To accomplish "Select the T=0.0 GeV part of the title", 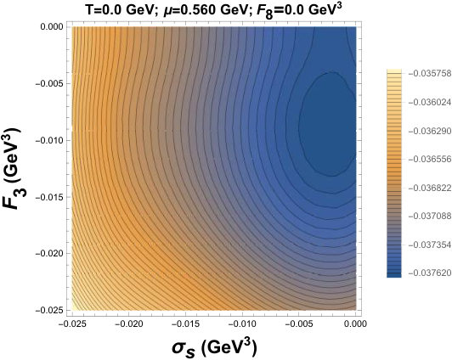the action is click(x=121, y=11).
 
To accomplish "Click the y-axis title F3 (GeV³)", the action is click(x=14, y=169).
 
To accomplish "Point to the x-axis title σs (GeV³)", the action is click(x=214, y=347).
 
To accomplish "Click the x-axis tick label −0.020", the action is click(x=128, y=324).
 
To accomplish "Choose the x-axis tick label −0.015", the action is click(x=185, y=324).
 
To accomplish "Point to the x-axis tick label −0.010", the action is click(x=242, y=324).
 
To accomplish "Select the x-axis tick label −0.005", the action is click(x=299, y=324).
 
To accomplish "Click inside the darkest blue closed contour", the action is click(x=329, y=124).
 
